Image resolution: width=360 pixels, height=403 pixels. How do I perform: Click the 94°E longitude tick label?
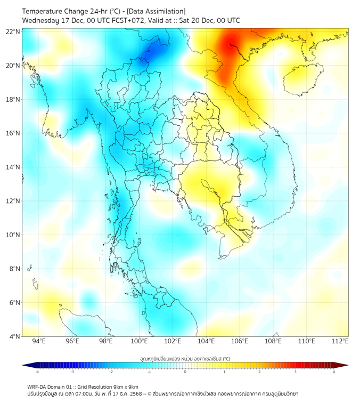pos(39,341)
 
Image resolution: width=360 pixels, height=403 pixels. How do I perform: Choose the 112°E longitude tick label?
pos(340,341)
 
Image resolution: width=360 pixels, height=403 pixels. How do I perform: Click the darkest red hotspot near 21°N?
pos(231,44)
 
